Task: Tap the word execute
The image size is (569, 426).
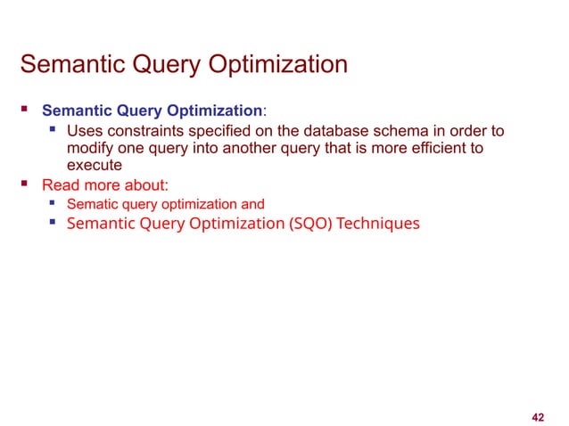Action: [94, 165]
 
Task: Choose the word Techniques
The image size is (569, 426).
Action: [379, 223]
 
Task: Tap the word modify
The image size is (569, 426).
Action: [90, 148]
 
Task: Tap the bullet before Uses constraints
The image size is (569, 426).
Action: [53, 131]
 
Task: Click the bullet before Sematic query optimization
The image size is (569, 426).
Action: [53, 204]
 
